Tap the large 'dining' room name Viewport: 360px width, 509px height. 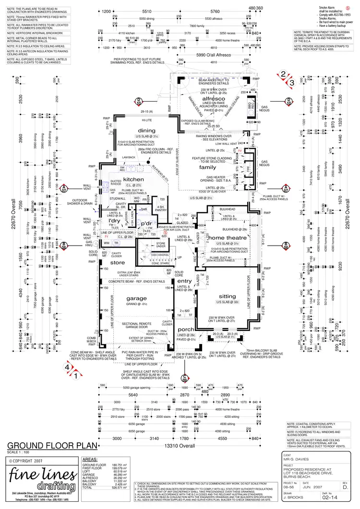pyautogui.click(x=146, y=131)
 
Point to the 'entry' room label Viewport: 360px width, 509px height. pyautogui.click(x=184, y=281)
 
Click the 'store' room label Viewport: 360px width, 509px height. pyautogui.click(x=117, y=262)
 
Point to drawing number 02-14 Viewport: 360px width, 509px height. pyautogui.click(x=328, y=499)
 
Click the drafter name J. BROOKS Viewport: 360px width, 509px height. pyautogui.click(x=293, y=499)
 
